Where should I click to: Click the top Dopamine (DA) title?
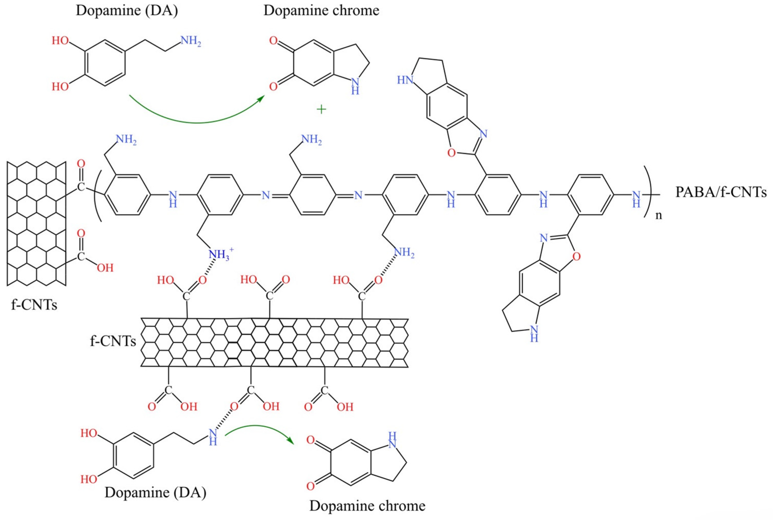(127, 11)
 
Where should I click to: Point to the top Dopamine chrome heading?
(321, 11)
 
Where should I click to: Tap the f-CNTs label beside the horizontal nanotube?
(113, 342)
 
